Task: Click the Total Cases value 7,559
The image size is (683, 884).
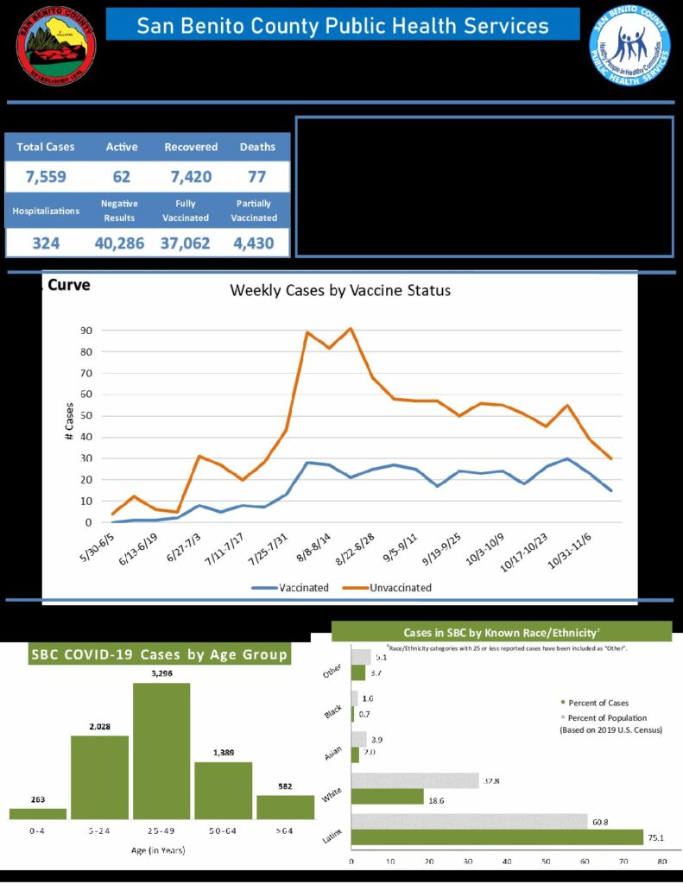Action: (46, 179)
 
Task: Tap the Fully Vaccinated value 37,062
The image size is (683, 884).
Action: (185, 243)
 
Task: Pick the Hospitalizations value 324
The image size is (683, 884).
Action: (46, 243)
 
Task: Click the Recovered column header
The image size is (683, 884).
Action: (191, 147)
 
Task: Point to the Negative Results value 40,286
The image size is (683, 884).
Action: (119, 243)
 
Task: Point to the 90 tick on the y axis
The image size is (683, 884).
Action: (86, 331)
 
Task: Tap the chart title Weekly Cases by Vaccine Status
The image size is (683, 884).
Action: (339, 290)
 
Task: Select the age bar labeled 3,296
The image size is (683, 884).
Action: (161, 750)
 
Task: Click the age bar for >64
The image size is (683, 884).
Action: (285, 807)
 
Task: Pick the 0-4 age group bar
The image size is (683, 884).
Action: (38, 813)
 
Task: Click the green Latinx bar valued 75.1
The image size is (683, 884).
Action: (496, 837)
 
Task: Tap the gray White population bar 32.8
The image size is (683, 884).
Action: (414, 780)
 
